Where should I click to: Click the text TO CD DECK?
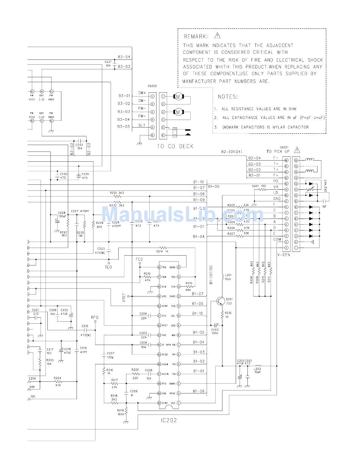coord(173,146)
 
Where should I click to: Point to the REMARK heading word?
coord(196,37)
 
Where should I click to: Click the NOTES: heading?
coord(228,97)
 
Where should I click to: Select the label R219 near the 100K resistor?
coord(121,410)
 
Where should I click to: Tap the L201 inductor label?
coord(228,275)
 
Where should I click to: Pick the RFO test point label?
coord(95,317)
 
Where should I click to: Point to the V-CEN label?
coord(283,255)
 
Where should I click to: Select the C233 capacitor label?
coord(79,145)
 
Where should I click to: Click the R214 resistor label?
coord(162,251)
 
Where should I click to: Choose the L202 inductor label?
coord(257,369)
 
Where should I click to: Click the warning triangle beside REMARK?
coord(217,36)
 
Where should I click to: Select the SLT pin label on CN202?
coord(142,125)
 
